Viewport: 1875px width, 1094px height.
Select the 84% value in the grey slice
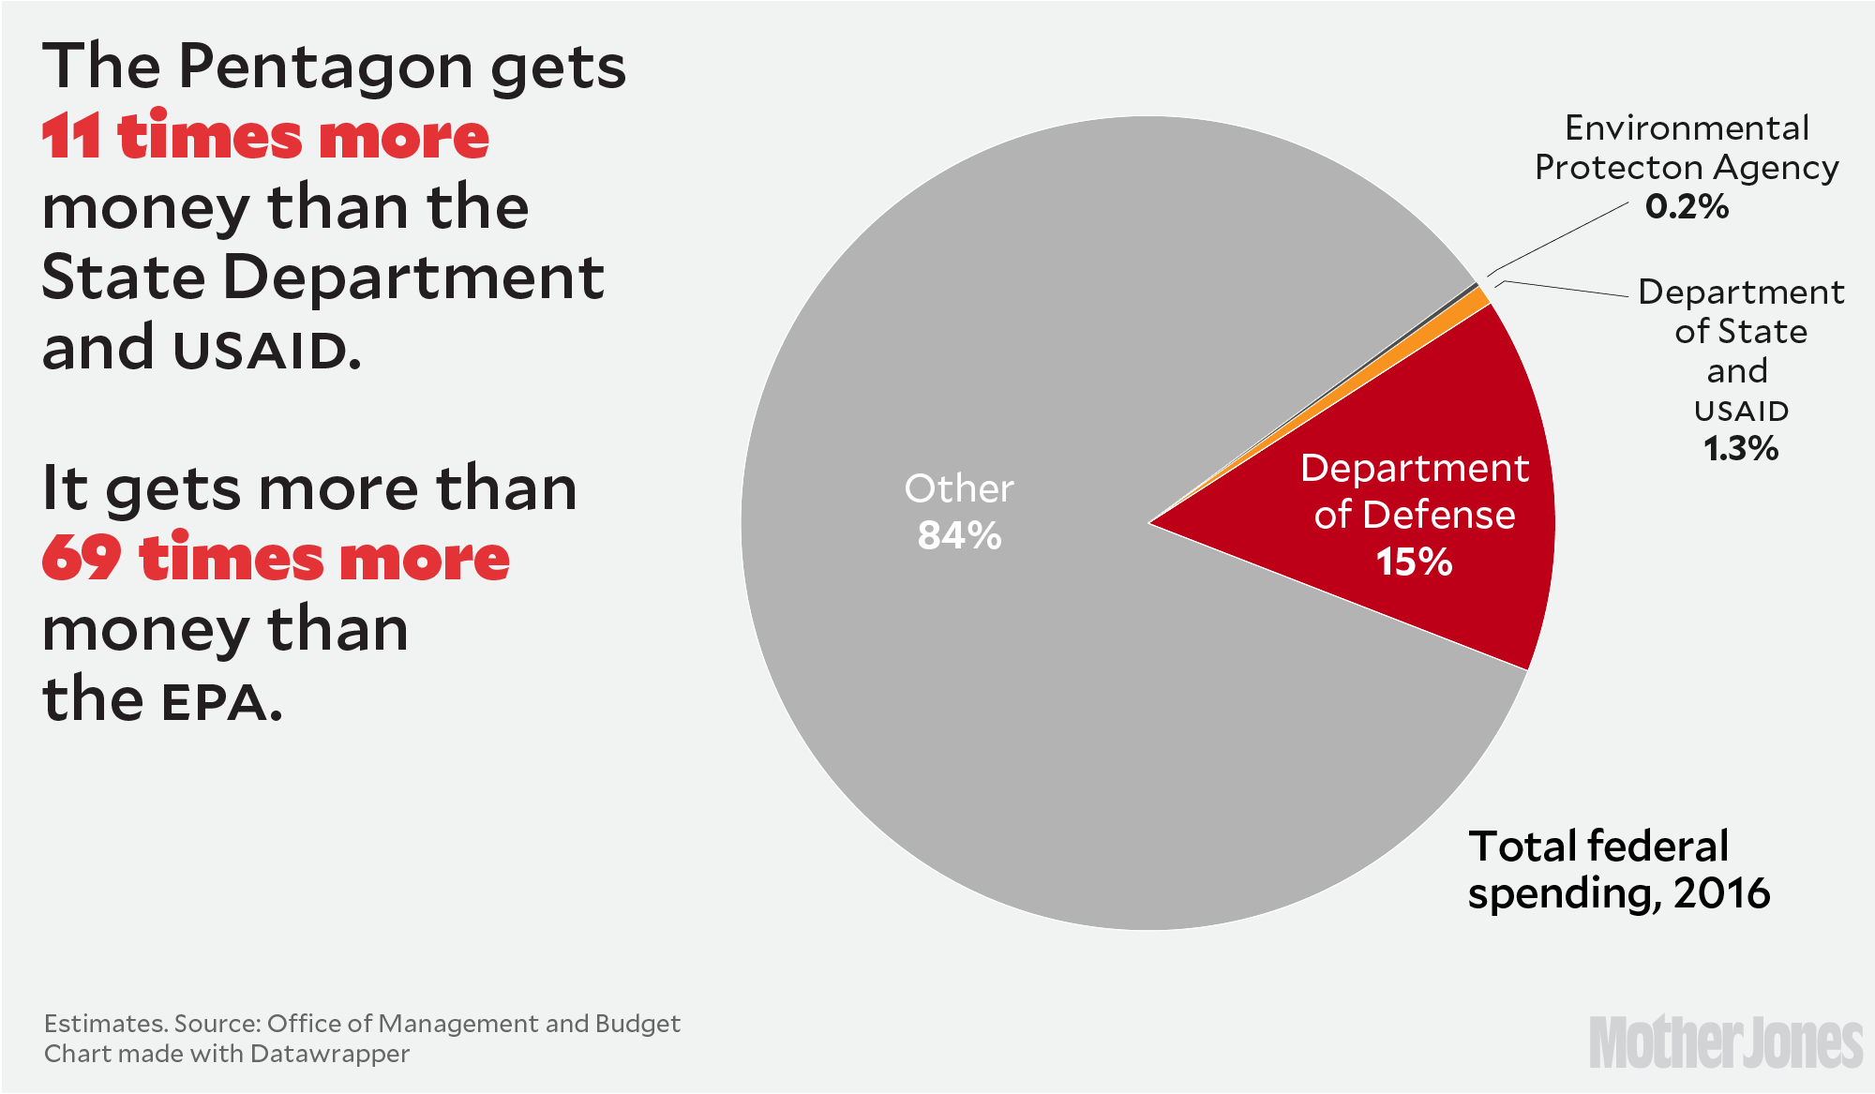click(x=959, y=536)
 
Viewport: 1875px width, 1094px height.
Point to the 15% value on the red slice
click(x=1414, y=562)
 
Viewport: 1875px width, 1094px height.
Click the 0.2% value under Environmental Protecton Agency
click(x=1687, y=207)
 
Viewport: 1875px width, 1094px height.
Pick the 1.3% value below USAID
click(x=1741, y=449)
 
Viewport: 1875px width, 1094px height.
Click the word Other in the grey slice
click(x=959, y=488)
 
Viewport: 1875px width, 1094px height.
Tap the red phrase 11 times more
click(x=265, y=137)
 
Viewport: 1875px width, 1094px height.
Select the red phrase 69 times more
click(x=276, y=559)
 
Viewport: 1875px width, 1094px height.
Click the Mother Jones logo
click(x=1726, y=1042)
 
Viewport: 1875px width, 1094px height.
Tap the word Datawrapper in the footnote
click(x=330, y=1054)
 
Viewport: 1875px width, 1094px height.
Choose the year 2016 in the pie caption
click(x=1722, y=893)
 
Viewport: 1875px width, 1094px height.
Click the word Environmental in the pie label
click(x=1687, y=128)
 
